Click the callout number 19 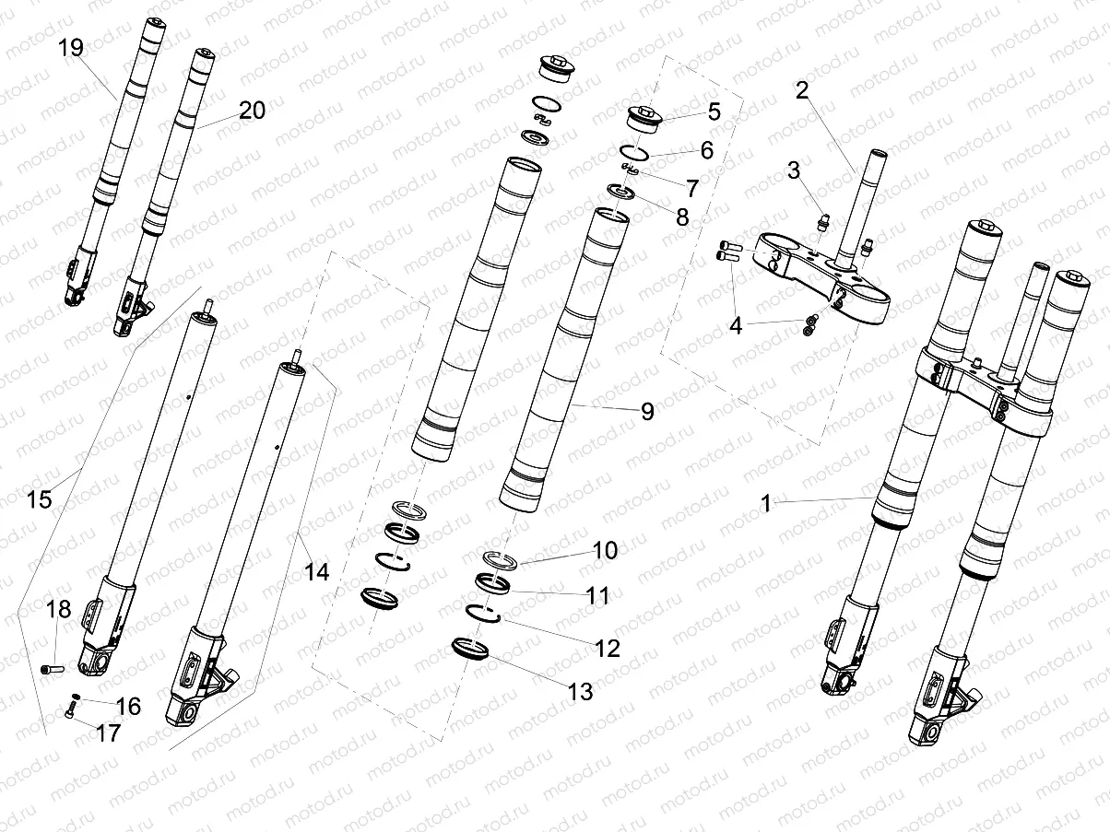[x=71, y=48]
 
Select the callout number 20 [x=252, y=111]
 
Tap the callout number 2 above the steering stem [x=802, y=89]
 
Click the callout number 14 [x=316, y=571]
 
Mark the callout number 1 [x=764, y=503]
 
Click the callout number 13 [x=581, y=692]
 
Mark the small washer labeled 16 [x=77, y=696]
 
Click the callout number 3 [x=794, y=171]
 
